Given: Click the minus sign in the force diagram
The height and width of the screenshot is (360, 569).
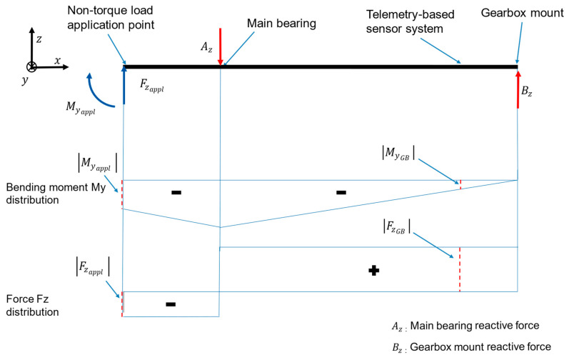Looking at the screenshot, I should [x=171, y=304].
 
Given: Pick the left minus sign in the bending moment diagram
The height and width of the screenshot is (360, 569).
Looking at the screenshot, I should [x=176, y=192].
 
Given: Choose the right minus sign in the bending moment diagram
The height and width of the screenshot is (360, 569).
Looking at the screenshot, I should [x=341, y=192].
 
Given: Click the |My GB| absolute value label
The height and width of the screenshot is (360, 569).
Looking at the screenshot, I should [x=398, y=153].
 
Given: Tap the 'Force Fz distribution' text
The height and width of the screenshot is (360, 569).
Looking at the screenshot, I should [x=32, y=305].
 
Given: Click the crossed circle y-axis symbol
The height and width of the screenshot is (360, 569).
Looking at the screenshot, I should [x=31, y=66].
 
